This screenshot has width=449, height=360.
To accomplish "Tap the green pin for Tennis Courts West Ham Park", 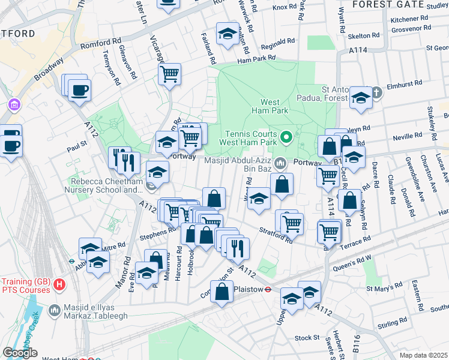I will [286, 138].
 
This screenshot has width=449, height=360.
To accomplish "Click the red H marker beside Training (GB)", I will [59, 286].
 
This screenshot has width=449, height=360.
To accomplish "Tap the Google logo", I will [20, 353].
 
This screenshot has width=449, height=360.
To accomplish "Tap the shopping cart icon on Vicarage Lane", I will [170, 74].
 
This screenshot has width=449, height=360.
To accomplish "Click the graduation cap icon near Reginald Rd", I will [228, 35].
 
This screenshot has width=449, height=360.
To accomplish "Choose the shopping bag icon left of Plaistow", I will [221, 292].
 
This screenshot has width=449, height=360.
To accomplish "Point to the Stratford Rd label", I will [276, 235].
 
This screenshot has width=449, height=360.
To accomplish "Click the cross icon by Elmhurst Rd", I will [376, 92].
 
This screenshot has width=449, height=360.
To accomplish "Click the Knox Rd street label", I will [284, 7].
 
